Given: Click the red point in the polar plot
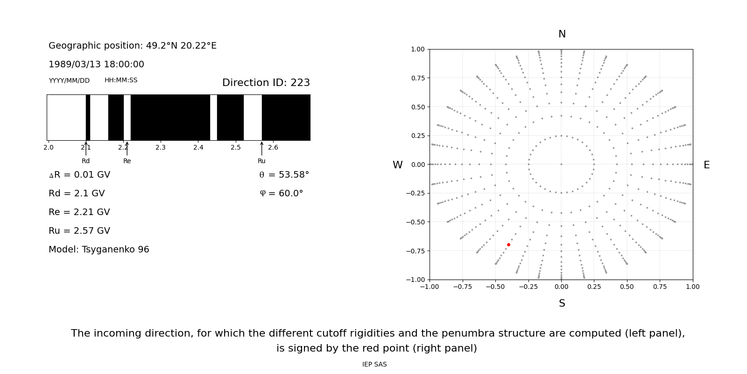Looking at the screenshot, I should pyautogui.click(x=508, y=245).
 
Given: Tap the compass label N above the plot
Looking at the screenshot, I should pyautogui.click(x=562, y=34).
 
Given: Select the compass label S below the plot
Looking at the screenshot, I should pyautogui.click(x=562, y=303).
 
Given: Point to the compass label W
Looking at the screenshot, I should pyautogui.click(x=397, y=165).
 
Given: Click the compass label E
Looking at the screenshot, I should pyautogui.click(x=706, y=165).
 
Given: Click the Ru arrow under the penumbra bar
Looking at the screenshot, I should pyautogui.click(x=261, y=148).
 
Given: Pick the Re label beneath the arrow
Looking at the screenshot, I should pyautogui.click(x=127, y=161).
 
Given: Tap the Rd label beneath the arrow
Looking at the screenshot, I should pyautogui.click(x=86, y=161).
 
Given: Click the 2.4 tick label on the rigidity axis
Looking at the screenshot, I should pyautogui.click(x=198, y=148).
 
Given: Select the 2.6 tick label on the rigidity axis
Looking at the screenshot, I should pyautogui.click(x=273, y=148).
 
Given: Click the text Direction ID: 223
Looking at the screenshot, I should pyautogui.click(x=266, y=83).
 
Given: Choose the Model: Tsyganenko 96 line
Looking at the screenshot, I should pyautogui.click(x=99, y=250).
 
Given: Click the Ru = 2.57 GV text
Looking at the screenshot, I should pyautogui.click(x=79, y=231).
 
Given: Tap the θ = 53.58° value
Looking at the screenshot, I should pyautogui.click(x=284, y=175).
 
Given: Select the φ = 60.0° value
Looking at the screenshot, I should pyautogui.click(x=282, y=194).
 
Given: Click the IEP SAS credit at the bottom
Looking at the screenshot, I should pyautogui.click(x=374, y=365).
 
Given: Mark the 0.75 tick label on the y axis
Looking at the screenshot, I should pyautogui.click(x=417, y=78).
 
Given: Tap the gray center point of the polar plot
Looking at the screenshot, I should pyautogui.click(x=561, y=164).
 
